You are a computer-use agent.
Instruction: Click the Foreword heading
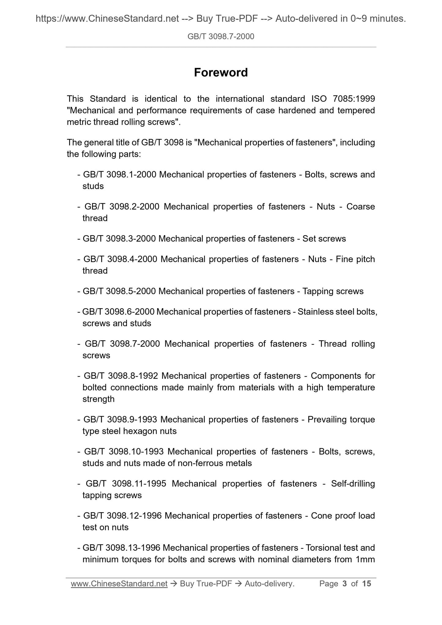[x=221, y=72]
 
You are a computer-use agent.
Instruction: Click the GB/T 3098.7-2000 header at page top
[x=221, y=37]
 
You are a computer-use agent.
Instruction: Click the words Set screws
[x=324, y=239]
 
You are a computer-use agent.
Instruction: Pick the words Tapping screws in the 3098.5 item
[x=333, y=291]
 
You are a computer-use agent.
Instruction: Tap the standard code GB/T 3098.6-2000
[x=118, y=312]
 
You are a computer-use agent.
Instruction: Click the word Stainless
[x=315, y=312]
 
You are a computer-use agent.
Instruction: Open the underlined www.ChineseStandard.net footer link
[x=119, y=584]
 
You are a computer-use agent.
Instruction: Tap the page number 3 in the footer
[x=345, y=584]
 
